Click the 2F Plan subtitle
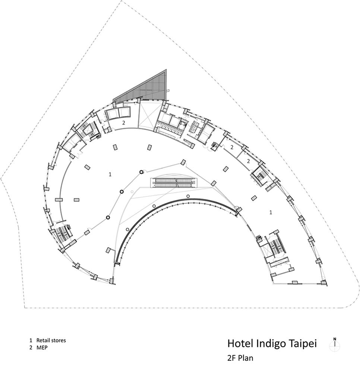pos(240,358)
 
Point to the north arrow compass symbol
pos(335,344)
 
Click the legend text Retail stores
pos(51,340)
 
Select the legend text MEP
pos(42,348)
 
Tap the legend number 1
pos(31,340)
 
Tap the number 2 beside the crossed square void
pos(123,123)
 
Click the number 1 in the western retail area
pos(110,174)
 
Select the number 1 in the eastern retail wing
pos(271,212)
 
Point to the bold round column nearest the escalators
pos(142,172)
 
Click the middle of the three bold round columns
pos(121,192)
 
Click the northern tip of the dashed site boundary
pos(121,1)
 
